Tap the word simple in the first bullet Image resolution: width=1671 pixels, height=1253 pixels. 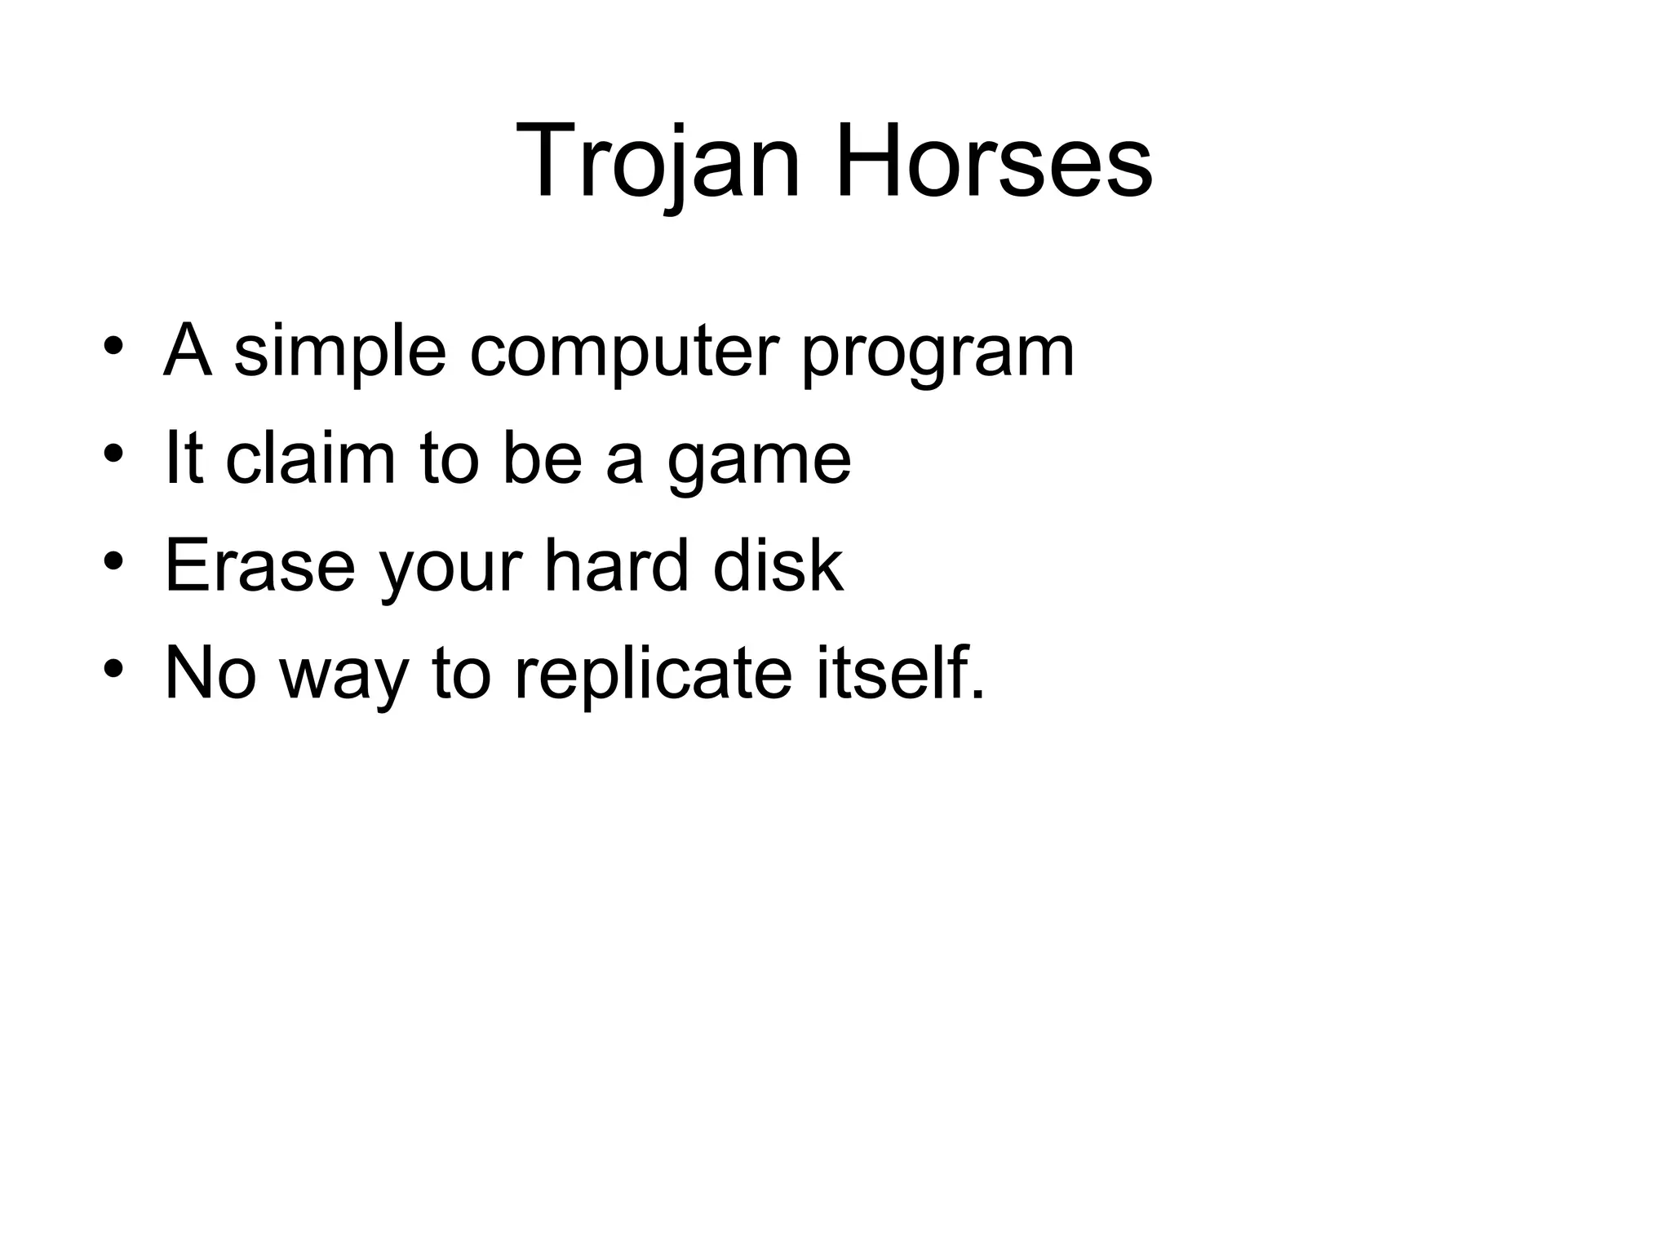click(340, 352)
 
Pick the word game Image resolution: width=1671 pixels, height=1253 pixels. click(759, 465)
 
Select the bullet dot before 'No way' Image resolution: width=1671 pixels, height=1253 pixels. click(113, 668)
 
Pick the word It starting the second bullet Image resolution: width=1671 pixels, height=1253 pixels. click(184, 458)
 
